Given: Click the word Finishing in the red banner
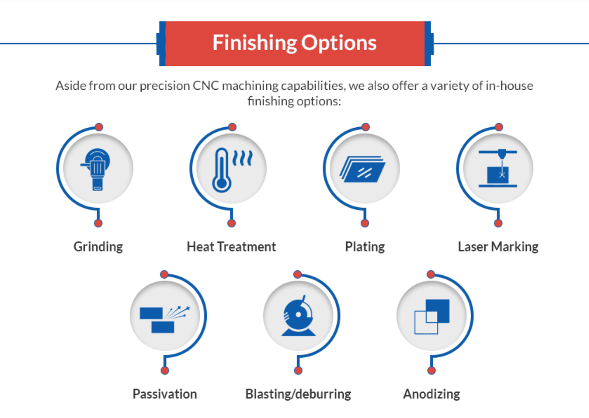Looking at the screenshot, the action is (255, 43).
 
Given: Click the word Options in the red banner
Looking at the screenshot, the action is (339, 43).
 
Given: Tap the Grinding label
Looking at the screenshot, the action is (98, 247).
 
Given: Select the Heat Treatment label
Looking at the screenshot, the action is (232, 247).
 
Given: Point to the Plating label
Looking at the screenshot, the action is (365, 247).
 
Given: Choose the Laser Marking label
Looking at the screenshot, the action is (498, 247).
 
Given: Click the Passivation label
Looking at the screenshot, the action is (165, 394).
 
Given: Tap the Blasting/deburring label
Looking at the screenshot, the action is (298, 394).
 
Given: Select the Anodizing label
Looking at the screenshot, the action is (431, 394).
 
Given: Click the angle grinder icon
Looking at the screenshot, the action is (95, 169).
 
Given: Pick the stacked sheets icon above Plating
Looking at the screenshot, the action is (363, 169).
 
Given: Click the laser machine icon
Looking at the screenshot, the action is (498, 168).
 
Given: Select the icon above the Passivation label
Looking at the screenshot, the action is (165, 319).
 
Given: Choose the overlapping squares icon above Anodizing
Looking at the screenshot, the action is (432, 317).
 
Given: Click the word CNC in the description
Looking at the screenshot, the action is (206, 86).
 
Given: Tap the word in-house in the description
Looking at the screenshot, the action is (509, 86).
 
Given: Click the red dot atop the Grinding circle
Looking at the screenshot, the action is (99, 127).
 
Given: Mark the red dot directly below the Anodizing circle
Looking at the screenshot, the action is (431, 371).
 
